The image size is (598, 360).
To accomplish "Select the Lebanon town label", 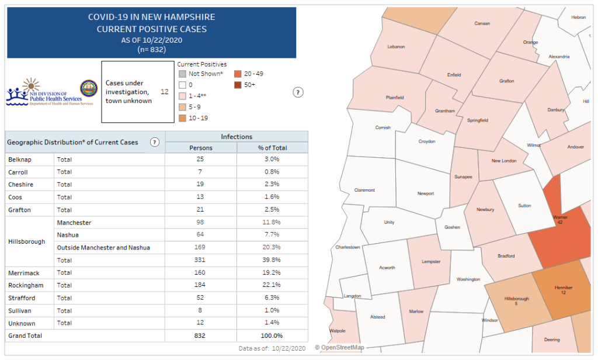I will pos(396,47).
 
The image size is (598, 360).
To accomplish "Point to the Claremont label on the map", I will pos(364,190).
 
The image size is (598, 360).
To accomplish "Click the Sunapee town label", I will pos(464,176).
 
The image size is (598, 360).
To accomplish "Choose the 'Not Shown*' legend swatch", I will pos(182,74).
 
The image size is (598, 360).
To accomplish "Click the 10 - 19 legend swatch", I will pos(182,118).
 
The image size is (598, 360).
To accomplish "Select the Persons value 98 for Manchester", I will pos(201,223).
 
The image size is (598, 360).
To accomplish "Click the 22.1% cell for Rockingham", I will pos(272,285).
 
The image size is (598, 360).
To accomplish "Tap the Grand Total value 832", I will pos(201,336).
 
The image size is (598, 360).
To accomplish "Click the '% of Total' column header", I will pos(272,148).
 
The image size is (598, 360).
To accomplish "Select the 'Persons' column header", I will pos(201,148).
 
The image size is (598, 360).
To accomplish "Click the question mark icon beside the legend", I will pos(298,92).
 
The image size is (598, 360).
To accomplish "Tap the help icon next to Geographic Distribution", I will pos(155,142).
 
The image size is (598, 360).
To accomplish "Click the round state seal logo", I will pos(89,89).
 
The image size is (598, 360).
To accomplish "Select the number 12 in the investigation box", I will pos(164,92).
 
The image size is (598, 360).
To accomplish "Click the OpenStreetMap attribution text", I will pos(339,348).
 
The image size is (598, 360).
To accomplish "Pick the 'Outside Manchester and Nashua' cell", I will pos(103,248).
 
